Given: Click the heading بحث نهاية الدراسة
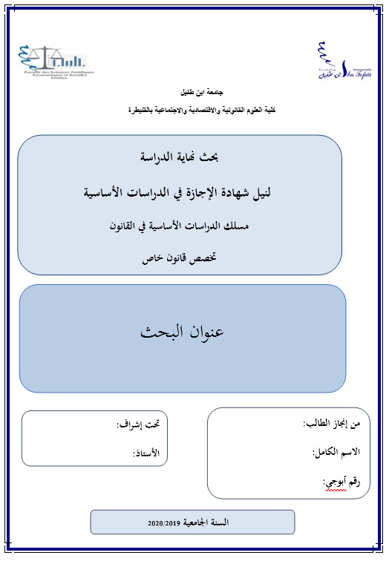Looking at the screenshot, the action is (181, 157).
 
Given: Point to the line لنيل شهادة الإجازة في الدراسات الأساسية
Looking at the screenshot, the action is (181, 193).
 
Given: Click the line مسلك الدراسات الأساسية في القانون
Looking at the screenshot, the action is (181, 226).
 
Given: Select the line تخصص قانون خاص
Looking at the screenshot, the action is (181, 260).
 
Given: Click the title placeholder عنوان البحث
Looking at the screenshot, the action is (183, 332).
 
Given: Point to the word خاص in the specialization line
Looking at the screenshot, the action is (153, 260).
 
